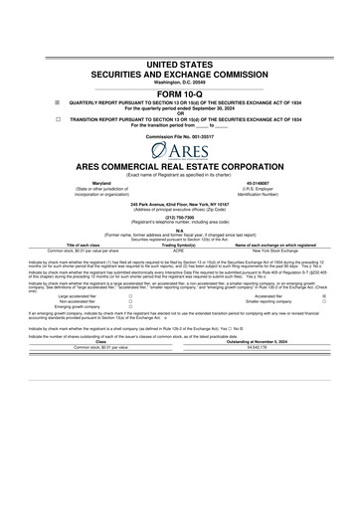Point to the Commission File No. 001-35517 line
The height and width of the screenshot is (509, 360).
point(179,135)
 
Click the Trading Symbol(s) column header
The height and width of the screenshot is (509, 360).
point(179,245)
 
